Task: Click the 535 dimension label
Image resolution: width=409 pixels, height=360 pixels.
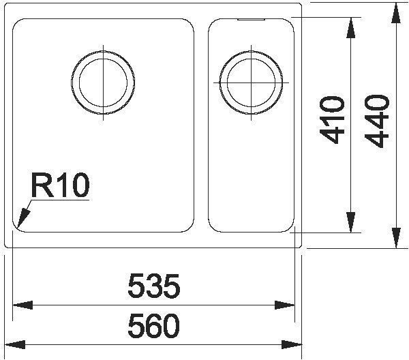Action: pos(154,286)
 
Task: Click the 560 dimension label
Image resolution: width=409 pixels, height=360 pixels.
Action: pos(154,325)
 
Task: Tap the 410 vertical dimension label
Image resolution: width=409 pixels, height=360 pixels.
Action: pos(332,120)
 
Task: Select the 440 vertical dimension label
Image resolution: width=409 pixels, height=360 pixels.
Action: pos(377,121)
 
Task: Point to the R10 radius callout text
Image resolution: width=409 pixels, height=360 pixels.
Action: pos(60,185)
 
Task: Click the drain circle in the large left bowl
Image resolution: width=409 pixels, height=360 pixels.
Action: pos(103,82)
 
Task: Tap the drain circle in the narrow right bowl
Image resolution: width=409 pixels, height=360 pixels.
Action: pos(251,82)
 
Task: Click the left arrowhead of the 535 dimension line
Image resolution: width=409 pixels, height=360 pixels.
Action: pos(22,305)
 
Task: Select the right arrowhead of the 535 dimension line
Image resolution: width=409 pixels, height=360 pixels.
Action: pos(284,305)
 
